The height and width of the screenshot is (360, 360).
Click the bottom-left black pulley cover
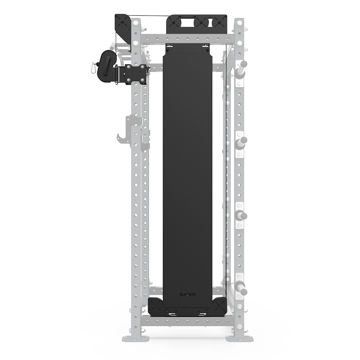(x=156, y=305)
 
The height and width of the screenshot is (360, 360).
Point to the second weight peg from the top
(x=242, y=142)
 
